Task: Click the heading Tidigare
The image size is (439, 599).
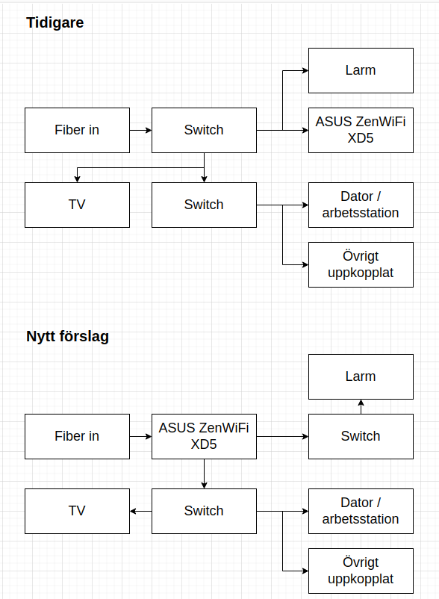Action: tap(55, 23)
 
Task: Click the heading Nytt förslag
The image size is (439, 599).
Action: tap(68, 337)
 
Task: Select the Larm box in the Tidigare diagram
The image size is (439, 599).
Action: tap(361, 71)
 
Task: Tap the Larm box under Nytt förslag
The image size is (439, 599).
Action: tap(361, 376)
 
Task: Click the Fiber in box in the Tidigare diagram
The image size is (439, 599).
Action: tap(77, 130)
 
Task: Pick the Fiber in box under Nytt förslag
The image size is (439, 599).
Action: tap(77, 436)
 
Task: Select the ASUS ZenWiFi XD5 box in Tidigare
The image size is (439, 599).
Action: tap(361, 130)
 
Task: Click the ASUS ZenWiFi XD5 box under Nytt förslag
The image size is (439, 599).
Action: tap(205, 436)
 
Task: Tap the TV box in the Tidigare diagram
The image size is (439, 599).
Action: tap(77, 205)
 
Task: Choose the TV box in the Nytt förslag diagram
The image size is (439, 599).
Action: tap(77, 511)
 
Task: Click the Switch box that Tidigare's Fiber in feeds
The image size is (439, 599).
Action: tap(205, 130)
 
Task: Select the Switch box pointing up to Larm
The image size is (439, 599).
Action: tap(361, 436)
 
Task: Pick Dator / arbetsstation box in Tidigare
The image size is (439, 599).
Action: tap(361, 205)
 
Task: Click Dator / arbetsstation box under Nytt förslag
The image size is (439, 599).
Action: tap(361, 511)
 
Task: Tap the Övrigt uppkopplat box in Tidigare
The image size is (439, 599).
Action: tap(361, 264)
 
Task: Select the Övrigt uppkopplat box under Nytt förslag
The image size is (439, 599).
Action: tap(361, 571)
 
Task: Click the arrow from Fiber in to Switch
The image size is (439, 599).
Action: tap(141, 130)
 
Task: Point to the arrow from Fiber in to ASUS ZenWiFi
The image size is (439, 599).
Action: tap(141, 436)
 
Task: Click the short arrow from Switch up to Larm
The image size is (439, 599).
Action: tap(361, 406)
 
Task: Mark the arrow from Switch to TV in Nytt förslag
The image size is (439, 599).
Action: tap(141, 511)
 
